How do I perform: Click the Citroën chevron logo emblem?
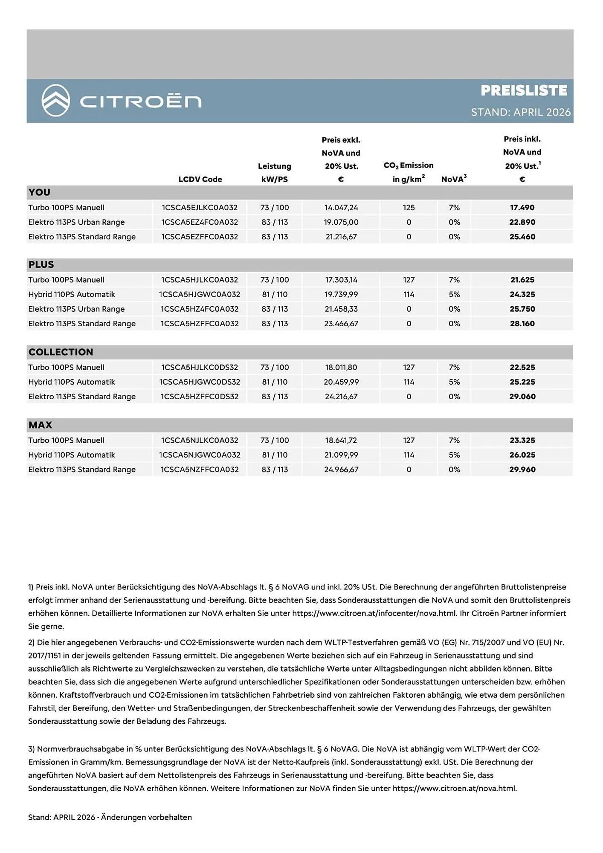click(55, 101)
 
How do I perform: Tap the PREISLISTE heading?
click(524, 90)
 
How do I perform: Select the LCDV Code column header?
click(200, 179)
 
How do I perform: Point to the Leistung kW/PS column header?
click(274, 173)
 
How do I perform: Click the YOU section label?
click(39, 192)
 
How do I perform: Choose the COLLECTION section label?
click(61, 352)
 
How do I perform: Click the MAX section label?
click(40, 425)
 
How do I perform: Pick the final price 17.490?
click(522, 208)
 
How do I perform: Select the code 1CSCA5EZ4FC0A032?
click(200, 222)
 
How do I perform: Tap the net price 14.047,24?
click(341, 208)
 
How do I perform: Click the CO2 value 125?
click(409, 208)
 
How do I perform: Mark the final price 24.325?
click(522, 294)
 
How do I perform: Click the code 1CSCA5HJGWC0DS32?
click(200, 382)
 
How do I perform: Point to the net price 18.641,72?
click(341, 440)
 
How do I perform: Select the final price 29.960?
click(522, 469)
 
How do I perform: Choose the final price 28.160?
click(522, 323)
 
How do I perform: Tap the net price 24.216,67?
click(341, 396)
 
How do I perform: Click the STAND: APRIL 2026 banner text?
click(520, 112)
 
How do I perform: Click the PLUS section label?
click(41, 264)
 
